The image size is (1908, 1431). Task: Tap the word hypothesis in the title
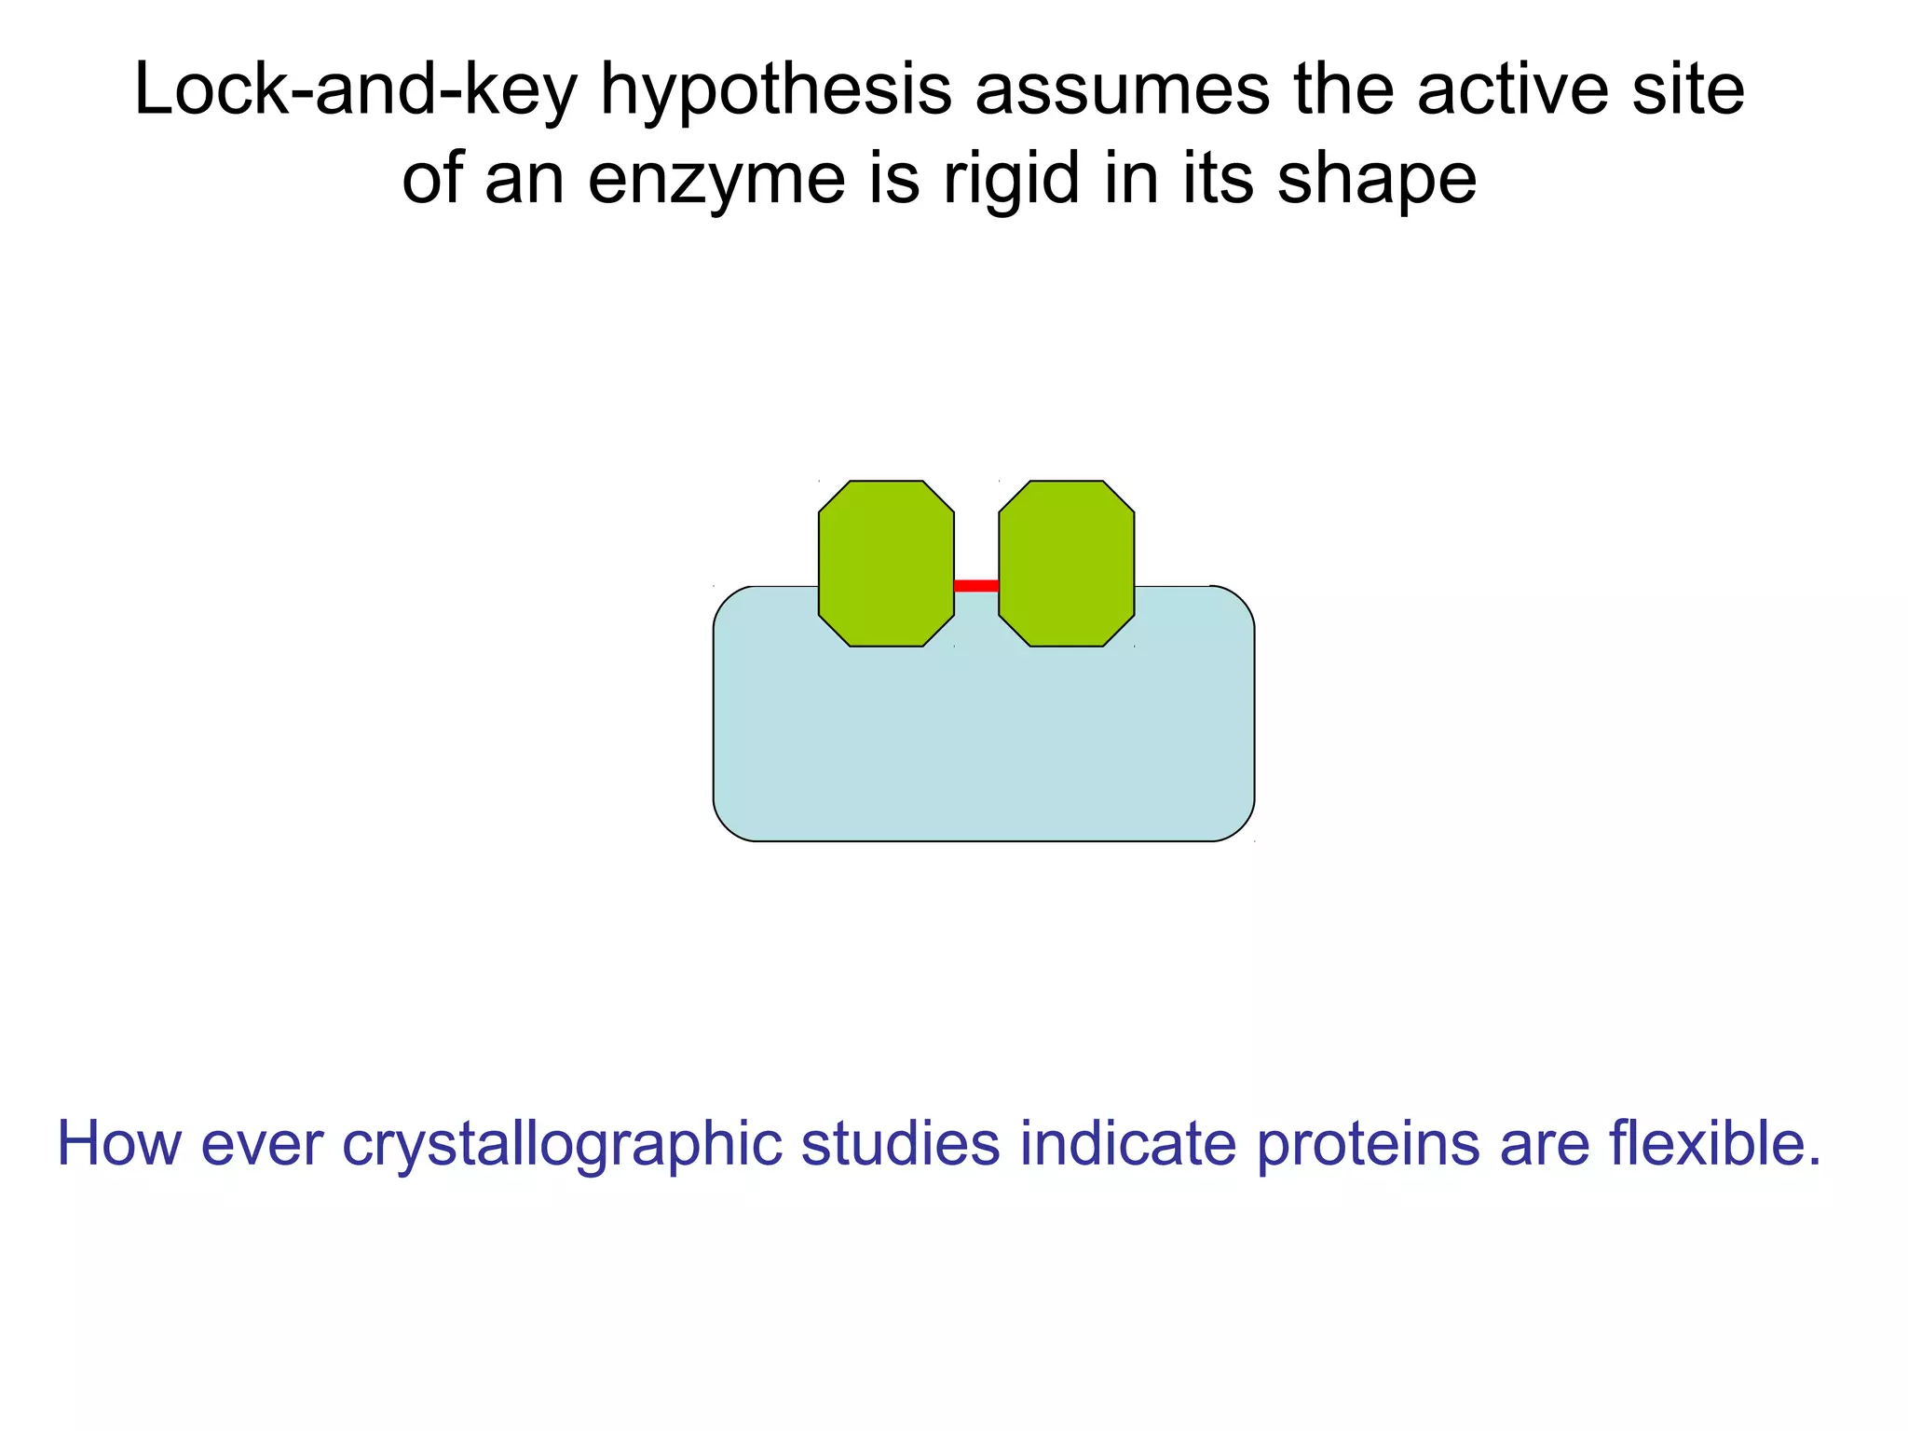(x=775, y=92)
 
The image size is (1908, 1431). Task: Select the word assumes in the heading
(x=1122, y=90)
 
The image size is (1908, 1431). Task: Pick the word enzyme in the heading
(x=715, y=181)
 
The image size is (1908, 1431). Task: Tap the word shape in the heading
(x=1376, y=181)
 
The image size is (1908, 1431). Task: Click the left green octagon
(x=886, y=564)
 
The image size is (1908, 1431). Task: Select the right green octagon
(x=1066, y=564)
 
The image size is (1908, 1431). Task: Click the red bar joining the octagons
(x=976, y=586)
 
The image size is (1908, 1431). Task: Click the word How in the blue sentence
(x=119, y=1143)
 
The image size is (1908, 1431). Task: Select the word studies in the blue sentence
(x=900, y=1143)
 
